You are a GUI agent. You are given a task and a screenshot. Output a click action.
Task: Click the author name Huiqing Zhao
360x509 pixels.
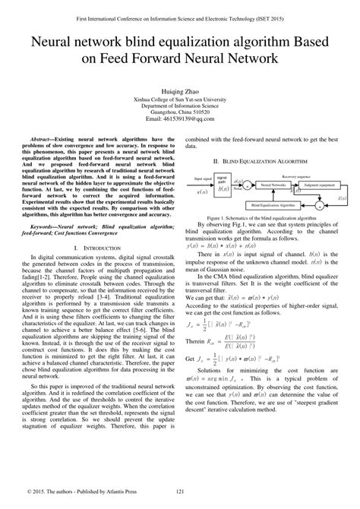pyautogui.click(x=180, y=89)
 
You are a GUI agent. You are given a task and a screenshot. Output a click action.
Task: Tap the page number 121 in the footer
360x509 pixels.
pyautogui.click(x=180, y=493)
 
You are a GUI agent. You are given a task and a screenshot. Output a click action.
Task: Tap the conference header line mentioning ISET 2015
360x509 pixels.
pyautogui.click(x=180, y=14)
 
